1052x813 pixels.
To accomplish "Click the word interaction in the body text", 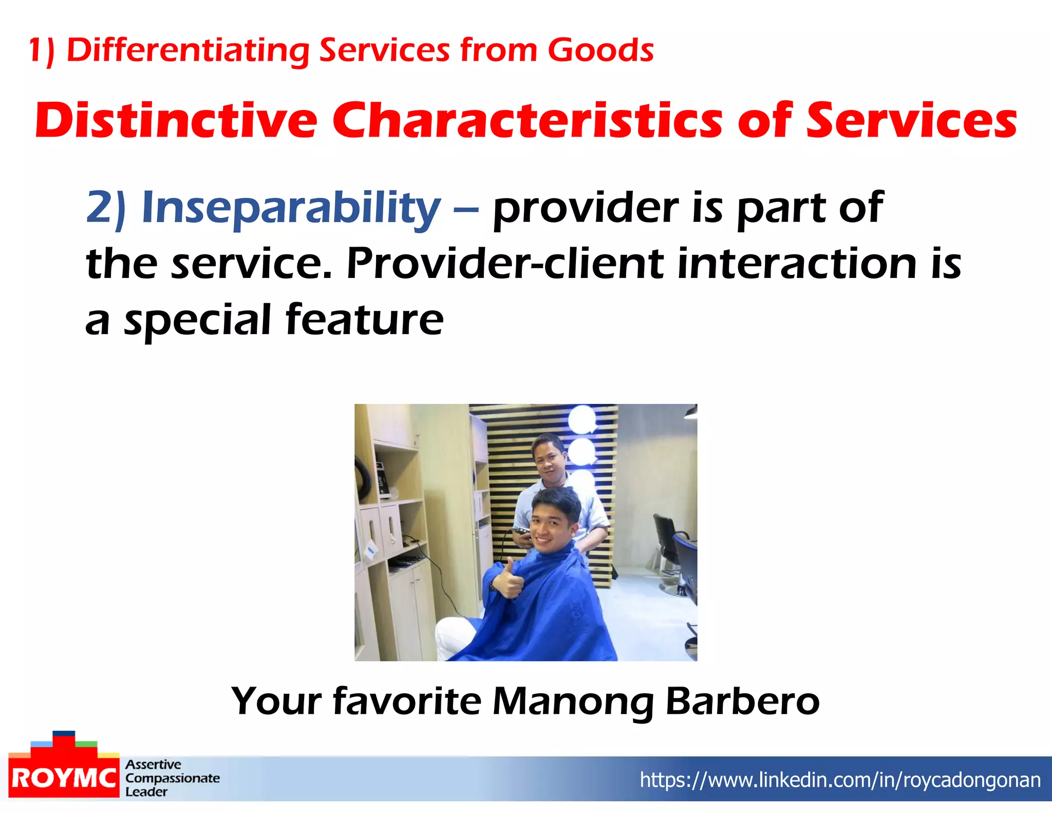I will click(x=797, y=264).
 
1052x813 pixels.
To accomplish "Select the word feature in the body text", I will click(x=364, y=320).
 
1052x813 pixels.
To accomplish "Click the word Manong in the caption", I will click(x=572, y=702).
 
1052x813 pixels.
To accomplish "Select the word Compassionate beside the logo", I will click(x=173, y=778).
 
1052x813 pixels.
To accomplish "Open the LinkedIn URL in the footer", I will click(x=840, y=780).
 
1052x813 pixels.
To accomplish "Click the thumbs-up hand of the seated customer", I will click(x=508, y=581).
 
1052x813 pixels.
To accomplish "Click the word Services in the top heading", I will click(x=384, y=50).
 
